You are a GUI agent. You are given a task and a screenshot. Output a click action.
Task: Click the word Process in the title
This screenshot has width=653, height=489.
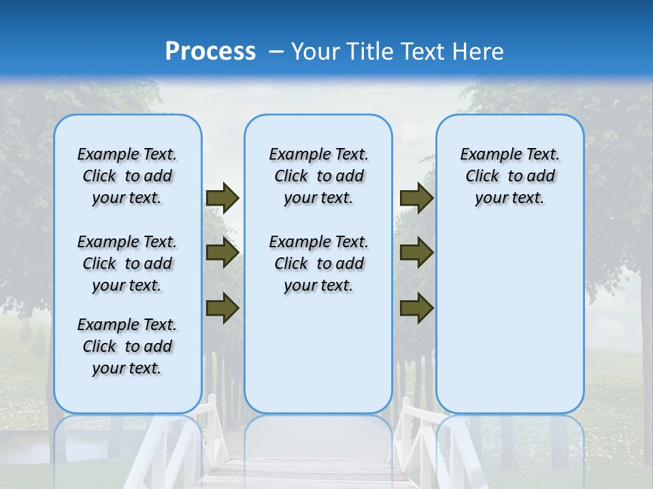pos(210,52)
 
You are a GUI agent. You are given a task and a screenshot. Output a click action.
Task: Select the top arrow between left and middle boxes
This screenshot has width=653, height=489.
pos(222,198)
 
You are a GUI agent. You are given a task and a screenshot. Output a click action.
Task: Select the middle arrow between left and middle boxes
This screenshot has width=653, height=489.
pos(222,253)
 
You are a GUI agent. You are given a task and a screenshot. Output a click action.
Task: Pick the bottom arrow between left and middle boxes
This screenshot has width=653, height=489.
pos(222,308)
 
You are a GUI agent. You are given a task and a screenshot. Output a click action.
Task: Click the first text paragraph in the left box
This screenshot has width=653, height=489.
pos(127,176)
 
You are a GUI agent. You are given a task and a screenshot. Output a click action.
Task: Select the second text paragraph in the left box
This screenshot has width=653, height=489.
pos(127,264)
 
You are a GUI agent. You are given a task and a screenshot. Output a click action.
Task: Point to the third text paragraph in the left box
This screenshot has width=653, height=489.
pos(127,346)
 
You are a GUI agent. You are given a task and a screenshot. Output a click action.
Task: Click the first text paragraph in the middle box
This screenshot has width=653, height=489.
pos(319,176)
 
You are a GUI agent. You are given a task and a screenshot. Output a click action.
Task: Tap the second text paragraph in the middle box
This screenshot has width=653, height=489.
pos(319,264)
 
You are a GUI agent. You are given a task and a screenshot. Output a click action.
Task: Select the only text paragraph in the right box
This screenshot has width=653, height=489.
pos(510,176)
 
